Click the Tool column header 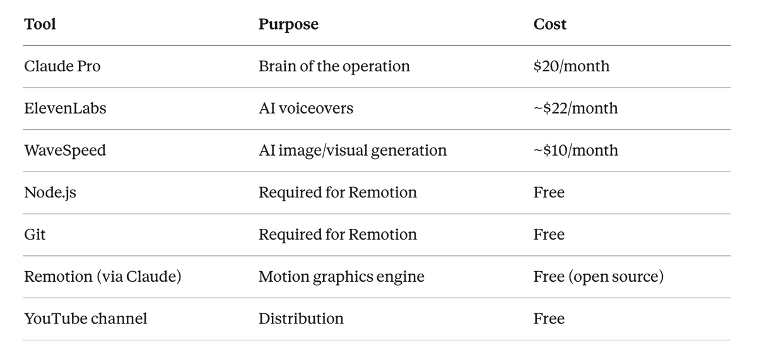40,25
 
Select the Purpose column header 288,25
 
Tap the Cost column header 550,25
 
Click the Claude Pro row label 62,66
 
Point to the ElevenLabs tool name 65,108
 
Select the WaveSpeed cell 65,151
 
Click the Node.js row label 50,192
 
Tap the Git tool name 35,235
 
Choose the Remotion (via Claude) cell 103,277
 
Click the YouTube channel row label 86,319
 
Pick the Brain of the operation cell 334,66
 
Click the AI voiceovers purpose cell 306,108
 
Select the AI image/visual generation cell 353,151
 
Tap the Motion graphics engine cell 341,277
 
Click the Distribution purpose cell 301,319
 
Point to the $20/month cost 572,66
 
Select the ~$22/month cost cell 575,108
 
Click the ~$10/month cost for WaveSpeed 576,151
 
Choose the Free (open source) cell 599,277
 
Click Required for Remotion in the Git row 337,235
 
